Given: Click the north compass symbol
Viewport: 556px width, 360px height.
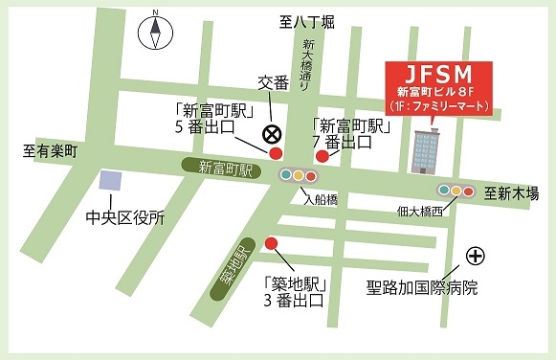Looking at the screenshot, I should pyautogui.click(x=152, y=34).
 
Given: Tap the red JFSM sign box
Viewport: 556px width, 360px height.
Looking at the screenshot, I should pyautogui.click(x=437, y=88).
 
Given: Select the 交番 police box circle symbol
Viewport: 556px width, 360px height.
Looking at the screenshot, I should pyautogui.click(x=273, y=133).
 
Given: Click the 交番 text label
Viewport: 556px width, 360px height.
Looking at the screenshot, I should pyautogui.click(x=273, y=83).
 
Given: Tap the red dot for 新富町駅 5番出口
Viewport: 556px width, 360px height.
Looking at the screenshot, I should pyautogui.click(x=276, y=153).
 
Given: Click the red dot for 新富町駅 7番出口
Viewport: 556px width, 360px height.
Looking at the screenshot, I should pyautogui.click(x=322, y=156).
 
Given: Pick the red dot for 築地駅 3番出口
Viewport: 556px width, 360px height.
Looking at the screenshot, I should pyautogui.click(x=271, y=243).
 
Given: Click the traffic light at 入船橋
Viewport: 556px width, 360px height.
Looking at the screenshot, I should pyautogui.click(x=298, y=176).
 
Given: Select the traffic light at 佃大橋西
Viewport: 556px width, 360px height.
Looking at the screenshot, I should pyautogui.click(x=456, y=191).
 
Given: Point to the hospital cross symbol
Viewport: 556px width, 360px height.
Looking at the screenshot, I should pyautogui.click(x=475, y=256).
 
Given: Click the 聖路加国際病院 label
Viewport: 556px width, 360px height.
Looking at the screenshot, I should pyautogui.click(x=422, y=286).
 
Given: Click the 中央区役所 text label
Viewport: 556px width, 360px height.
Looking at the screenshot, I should pyautogui.click(x=124, y=216).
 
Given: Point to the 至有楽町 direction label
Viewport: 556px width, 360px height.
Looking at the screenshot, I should pyautogui.click(x=50, y=150).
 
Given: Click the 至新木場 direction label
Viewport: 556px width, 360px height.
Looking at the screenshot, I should pyautogui.click(x=512, y=192).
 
